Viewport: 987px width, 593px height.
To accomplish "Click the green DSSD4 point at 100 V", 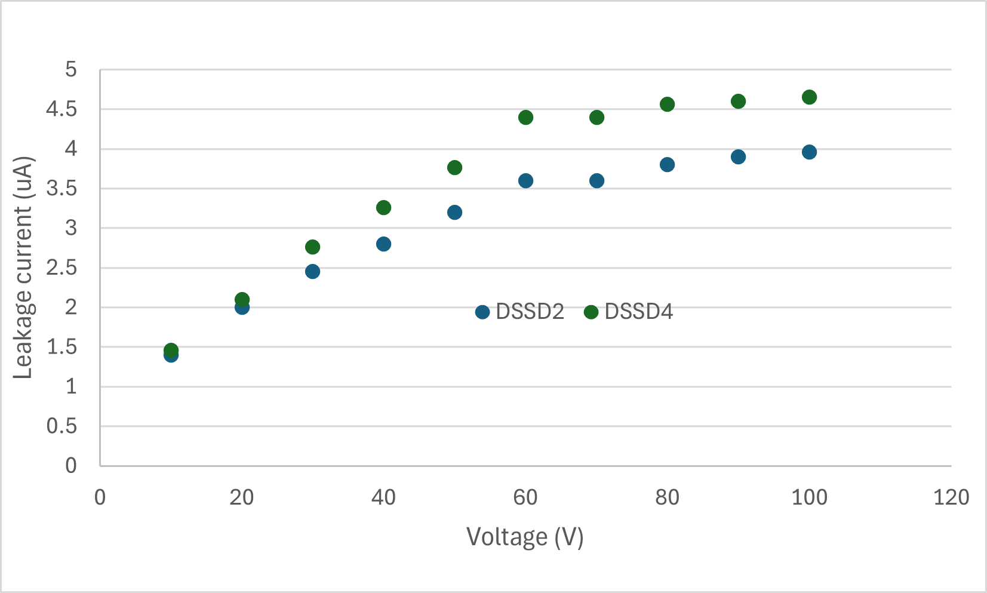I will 809,97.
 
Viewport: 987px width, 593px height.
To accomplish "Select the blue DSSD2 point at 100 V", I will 809,152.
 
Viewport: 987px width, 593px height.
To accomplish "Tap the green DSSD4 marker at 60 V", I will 525,118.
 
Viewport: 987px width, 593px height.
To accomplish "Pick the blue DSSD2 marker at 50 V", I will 454,213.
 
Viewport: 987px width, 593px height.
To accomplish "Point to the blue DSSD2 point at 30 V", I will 312,272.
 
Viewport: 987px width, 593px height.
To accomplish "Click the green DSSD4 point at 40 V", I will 383,208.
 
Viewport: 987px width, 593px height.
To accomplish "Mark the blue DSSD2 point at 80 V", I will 667,165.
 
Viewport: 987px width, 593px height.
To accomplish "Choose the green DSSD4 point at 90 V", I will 738,102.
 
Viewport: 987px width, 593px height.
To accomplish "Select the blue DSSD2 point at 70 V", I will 596,181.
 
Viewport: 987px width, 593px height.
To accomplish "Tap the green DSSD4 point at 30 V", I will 312,247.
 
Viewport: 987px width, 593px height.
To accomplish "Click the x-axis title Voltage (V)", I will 524,537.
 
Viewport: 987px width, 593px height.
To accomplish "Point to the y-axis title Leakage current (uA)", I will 24,268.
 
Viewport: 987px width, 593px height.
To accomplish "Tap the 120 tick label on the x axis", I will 951,497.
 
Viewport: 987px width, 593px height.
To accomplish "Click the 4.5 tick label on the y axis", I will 62,109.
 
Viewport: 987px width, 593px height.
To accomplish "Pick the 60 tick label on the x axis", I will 525,497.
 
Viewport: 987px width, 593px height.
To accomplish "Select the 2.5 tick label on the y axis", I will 62,268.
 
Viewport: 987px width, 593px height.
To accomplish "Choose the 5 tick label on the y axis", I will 71,70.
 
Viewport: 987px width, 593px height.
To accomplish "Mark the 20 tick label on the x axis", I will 242,497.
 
